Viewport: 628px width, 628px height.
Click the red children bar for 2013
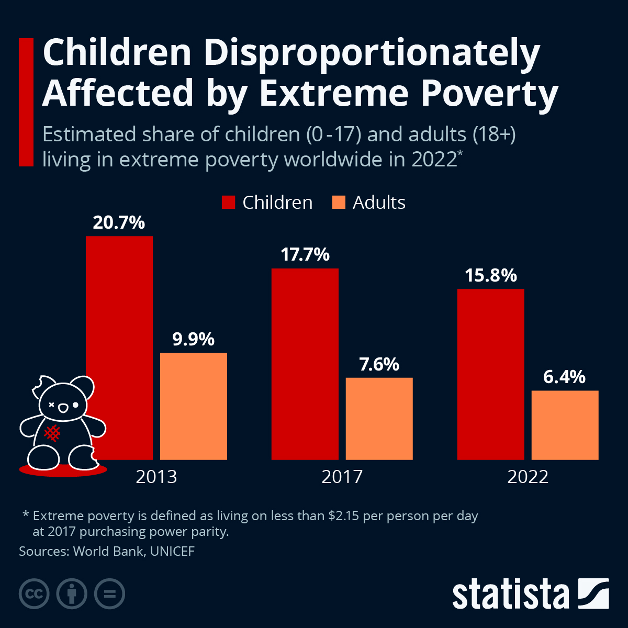click(x=119, y=314)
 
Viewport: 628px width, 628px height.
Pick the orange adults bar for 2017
click(x=379, y=419)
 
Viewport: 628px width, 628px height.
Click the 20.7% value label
click(x=119, y=223)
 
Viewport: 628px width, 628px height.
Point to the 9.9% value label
click(x=194, y=340)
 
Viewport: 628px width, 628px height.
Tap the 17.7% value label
click(x=305, y=255)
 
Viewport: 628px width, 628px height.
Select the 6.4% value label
click(x=564, y=377)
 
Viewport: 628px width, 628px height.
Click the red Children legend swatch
click(x=229, y=203)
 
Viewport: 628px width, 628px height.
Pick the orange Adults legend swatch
click(x=339, y=203)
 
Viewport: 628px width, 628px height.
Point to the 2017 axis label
click(x=342, y=477)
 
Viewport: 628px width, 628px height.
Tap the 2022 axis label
click(x=528, y=477)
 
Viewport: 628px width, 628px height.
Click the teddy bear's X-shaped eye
click(x=52, y=405)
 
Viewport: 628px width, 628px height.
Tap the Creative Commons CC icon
click(x=34, y=594)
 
